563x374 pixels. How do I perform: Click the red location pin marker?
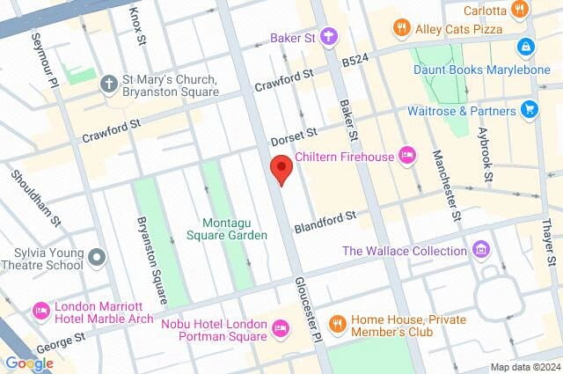pos(281,167)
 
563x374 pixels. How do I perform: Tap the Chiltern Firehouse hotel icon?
pos(406,156)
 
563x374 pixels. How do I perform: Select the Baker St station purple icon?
pos(328,36)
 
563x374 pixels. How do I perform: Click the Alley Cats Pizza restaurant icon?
pos(402,27)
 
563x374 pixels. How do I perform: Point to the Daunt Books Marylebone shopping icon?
pos(525,45)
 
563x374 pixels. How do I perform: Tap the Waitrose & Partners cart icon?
pos(529,109)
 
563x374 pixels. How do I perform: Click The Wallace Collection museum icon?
pos(480,250)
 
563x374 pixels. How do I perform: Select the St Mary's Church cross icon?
pos(108,84)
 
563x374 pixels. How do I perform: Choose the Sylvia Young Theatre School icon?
pos(97,257)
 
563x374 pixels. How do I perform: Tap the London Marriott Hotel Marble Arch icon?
pos(40,311)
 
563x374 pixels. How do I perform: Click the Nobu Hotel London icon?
pos(280,329)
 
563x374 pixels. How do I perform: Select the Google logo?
pos(29,363)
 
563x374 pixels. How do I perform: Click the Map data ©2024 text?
pos(524,367)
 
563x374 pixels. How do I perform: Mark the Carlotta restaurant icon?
pos(520,11)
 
